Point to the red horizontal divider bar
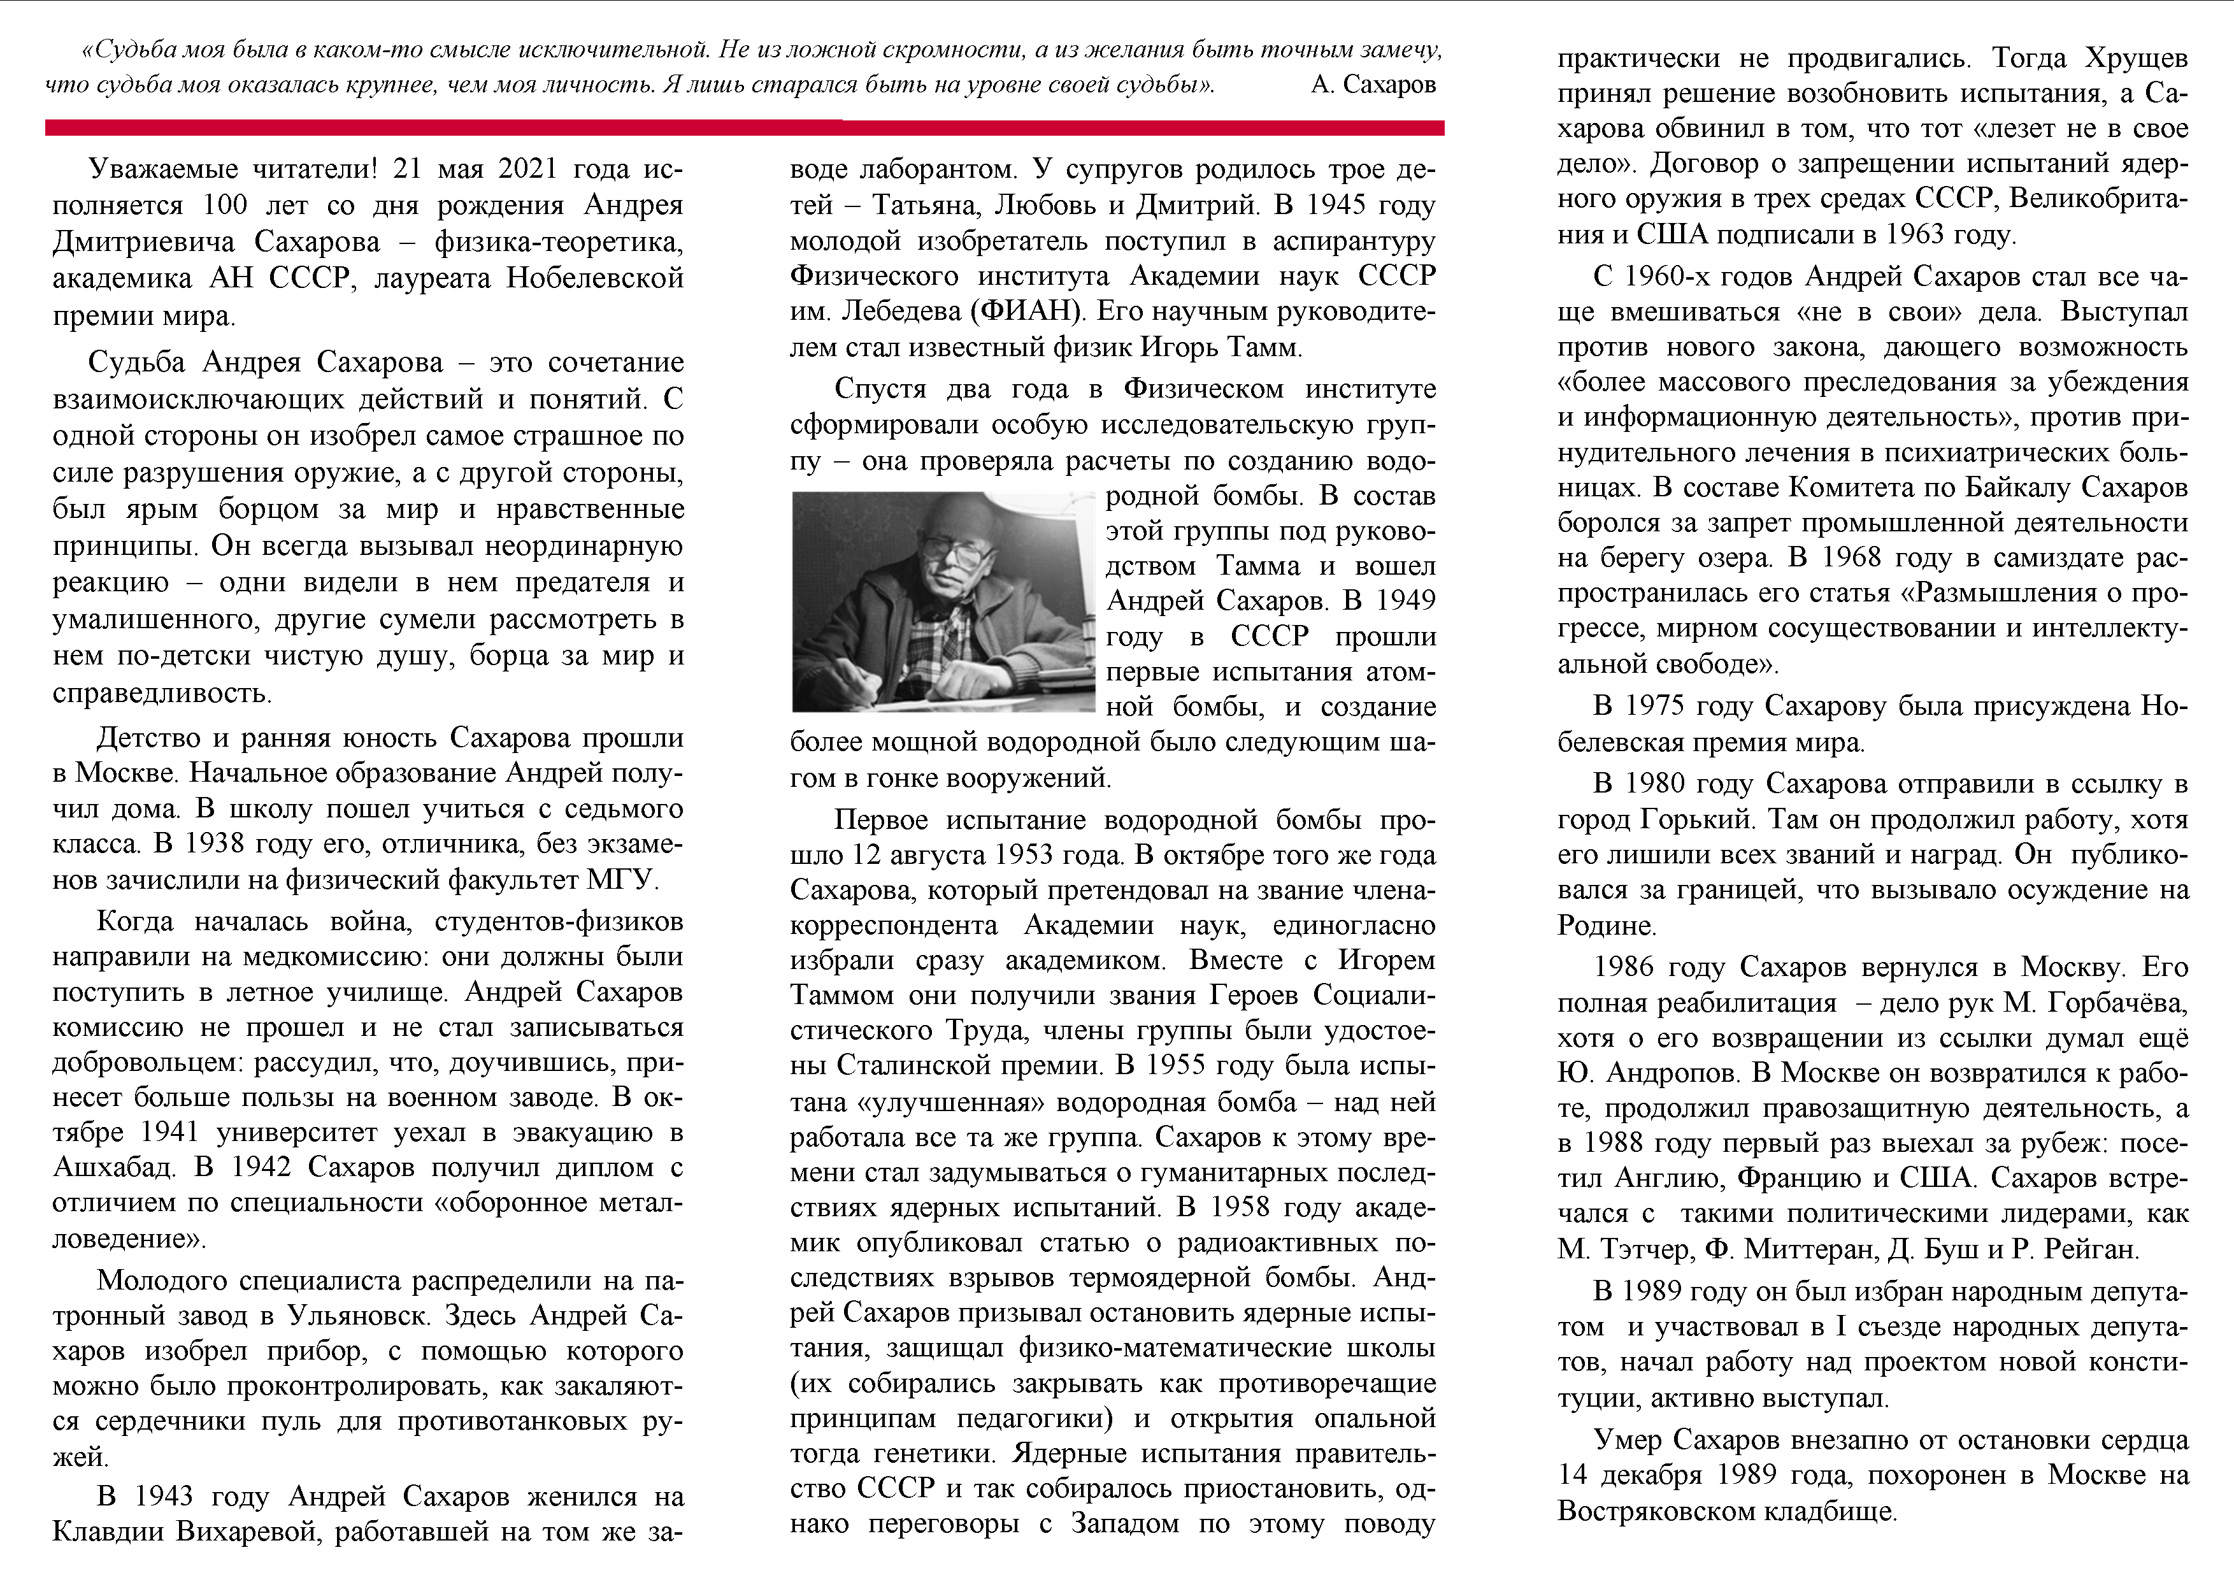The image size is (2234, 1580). tap(744, 127)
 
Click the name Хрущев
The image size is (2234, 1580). tap(2137, 59)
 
